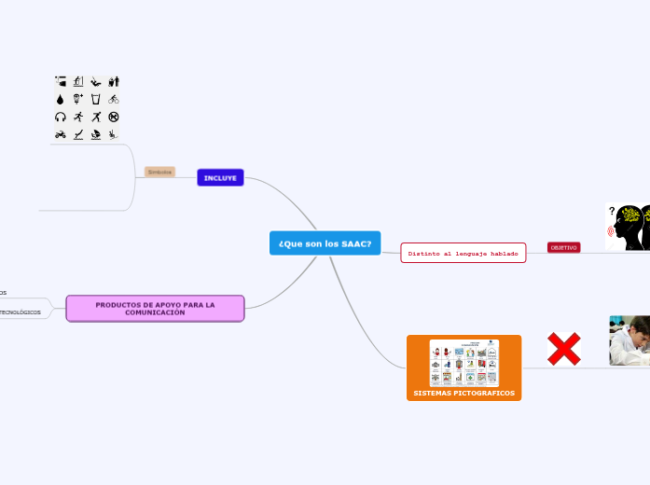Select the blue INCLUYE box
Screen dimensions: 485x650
pyautogui.click(x=220, y=177)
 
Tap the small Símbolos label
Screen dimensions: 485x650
pyautogui.click(x=159, y=172)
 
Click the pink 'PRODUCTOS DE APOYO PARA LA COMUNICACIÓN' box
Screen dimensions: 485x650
pyautogui.click(x=155, y=308)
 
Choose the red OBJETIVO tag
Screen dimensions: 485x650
pyautogui.click(x=563, y=247)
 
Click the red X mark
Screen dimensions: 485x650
pyautogui.click(x=563, y=350)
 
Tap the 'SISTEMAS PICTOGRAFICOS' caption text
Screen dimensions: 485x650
pyautogui.click(x=463, y=394)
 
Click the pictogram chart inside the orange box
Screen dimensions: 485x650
pyautogui.click(x=463, y=363)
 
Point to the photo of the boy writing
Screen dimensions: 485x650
pyautogui.click(x=629, y=340)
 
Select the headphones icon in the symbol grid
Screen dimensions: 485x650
pyautogui.click(x=61, y=117)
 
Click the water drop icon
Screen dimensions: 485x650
pyautogui.click(x=61, y=99)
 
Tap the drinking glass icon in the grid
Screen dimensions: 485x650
pyautogui.click(x=96, y=99)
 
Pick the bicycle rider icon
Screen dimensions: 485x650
pyautogui.click(x=114, y=99)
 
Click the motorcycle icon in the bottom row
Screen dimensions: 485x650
pyautogui.click(x=61, y=134)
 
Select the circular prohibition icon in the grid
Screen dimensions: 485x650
pyautogui.click(x=114, y=117)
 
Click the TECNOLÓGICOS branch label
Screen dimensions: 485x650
pyautogui.click(x=21, y=312)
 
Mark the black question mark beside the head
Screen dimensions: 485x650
pyautogui.click(x=612, y=211)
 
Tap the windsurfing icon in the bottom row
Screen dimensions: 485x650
pyautogui.click(x=96, y=134)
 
